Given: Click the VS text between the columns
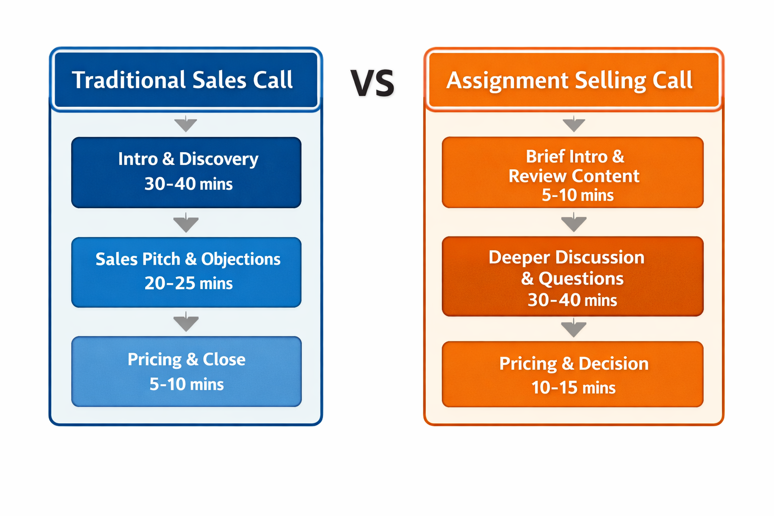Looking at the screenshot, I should (x=372, y=83).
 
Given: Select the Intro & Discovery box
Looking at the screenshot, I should (x=186, y=172).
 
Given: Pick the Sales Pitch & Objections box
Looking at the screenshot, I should (x=186, y=272).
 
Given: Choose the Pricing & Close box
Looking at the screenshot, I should (x=186, y=371).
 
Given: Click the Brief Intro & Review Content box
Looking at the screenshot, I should (x=572, y=172).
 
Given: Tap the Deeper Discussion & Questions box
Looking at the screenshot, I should (x=572, y=276).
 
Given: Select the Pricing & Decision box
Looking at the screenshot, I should (x=572, y=374).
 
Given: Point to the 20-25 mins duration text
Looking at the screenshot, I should (x=188, y=284).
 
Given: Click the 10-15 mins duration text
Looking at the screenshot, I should (x=573, y=388).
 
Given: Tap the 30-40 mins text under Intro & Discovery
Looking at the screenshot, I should (x=188, y=184).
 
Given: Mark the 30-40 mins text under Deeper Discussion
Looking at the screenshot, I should (x=572, y=300).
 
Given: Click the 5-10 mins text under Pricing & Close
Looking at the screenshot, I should (x=186, y=384).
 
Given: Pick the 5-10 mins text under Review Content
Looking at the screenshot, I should (x=577, y=195).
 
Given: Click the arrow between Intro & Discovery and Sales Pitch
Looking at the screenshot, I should (x=186, y=223).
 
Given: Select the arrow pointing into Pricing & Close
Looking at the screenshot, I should (x=186, y=322).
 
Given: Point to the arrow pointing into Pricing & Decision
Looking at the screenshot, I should (x=573, y=329).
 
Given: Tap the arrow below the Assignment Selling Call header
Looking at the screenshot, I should (x=573, y=124).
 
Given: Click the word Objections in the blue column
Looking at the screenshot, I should (x=241, y=259).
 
